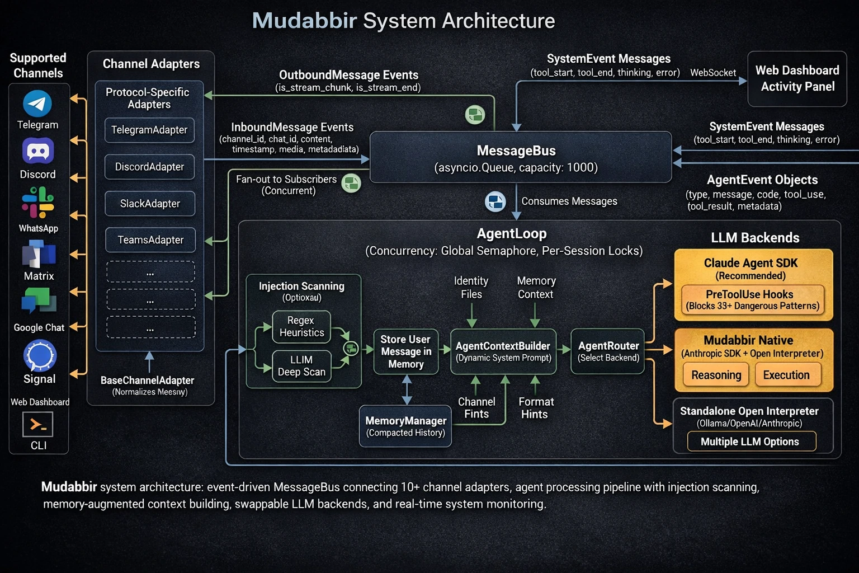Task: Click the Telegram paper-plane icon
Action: pos(37,104)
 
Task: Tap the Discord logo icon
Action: pos(38,151)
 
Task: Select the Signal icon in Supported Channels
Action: pos(40,356)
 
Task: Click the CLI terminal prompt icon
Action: pos(38,425)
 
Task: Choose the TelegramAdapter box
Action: pos(149,130)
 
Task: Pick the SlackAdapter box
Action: pos(150,204)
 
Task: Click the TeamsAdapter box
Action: pos(150,240)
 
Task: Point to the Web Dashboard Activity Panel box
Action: pos(797,78)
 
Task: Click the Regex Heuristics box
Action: pos(301,327)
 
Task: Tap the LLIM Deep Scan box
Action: pos(301,366)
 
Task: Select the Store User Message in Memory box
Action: pos(405,351)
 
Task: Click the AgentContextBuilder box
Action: pos(503,351)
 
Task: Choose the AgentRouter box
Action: pos(608,351)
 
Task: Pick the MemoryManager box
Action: pos(405,426)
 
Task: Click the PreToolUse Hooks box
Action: pos(752,300)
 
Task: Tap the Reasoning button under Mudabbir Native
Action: pos(716,375)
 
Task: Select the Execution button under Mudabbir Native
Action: pos(786,375)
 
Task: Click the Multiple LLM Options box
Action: pos(749,442)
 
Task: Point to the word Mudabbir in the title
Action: pos(304,21)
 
